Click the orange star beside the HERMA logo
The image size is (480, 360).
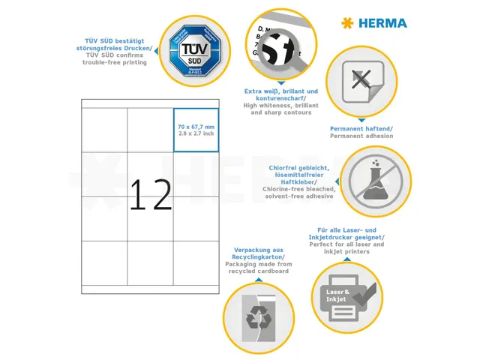pos(346,23)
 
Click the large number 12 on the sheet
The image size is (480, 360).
pos(151,194)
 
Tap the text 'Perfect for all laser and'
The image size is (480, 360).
pos(349,244)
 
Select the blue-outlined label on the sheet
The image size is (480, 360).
pos(196,130)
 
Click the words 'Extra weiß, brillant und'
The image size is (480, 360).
pos(281,91)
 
